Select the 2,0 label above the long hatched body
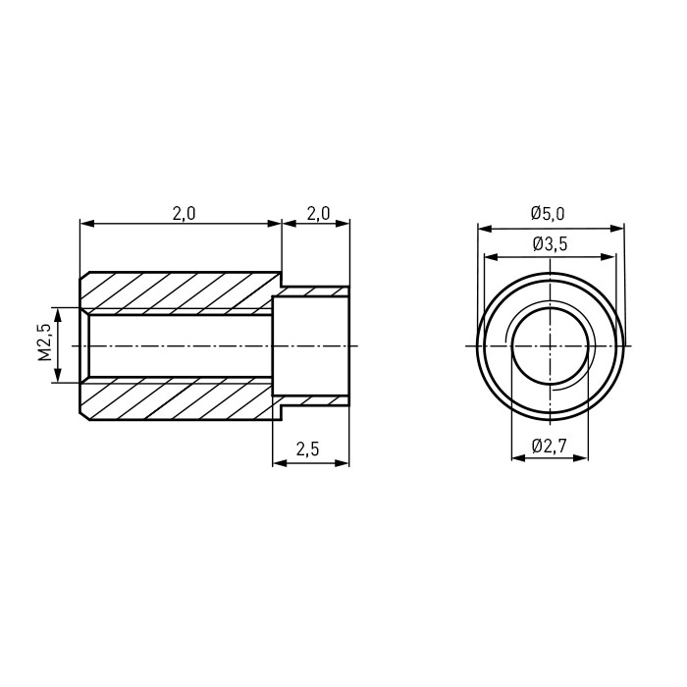pyautogui.click(x=185, y=214)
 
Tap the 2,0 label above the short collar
pyautogui.click(x=318, y=214)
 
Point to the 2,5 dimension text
pyautogui.click(x=308, y=449)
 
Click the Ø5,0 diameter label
pyautogui.click(x=548, y=214)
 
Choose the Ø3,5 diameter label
pyautogui.click(x=551, y=244)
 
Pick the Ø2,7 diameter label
pyautogui.click(x=550, y=447)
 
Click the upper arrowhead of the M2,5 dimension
pyautogui.click(x=58, y=314)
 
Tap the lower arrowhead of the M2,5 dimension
pyautogui.click(x=58, y=376)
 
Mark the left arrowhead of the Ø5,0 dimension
pyautogui.click(x=485, y=229)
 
